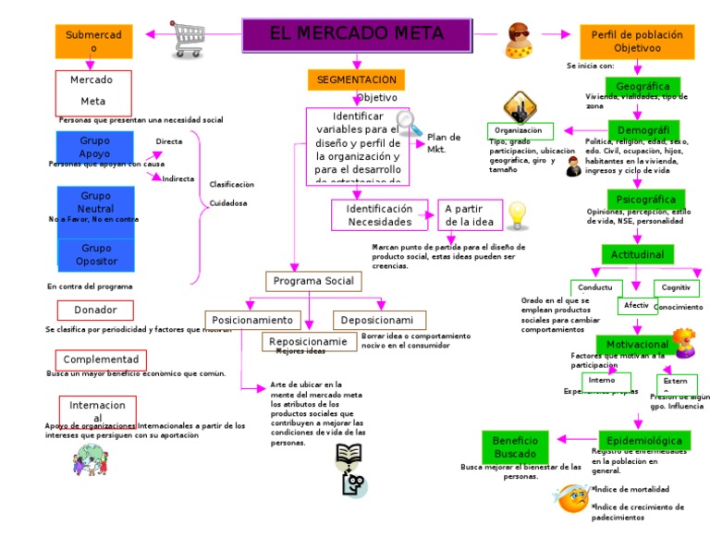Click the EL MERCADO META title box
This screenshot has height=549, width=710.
point(356,34)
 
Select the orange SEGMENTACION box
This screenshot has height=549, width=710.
point(356,80)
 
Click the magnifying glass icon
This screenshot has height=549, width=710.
point(408,123)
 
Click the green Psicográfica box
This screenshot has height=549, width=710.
point(645,200)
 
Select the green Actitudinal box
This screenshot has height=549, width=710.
point(637,254)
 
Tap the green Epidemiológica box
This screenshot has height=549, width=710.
point(643,440)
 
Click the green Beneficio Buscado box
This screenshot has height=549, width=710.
point(515,447)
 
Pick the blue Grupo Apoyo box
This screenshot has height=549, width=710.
point(94,147)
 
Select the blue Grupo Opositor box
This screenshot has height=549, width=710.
point(97,255)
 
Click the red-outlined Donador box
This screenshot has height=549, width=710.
point(95,311)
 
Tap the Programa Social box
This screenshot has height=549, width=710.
point(313,281)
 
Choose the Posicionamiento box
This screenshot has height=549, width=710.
point(252,321)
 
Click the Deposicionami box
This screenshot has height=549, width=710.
point(379,321)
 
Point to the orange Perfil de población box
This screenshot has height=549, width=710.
point(637,42)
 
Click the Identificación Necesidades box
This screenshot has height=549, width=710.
point(379,215)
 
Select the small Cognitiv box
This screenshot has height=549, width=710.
point(676,287)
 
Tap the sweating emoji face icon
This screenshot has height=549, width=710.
point(571,497)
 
